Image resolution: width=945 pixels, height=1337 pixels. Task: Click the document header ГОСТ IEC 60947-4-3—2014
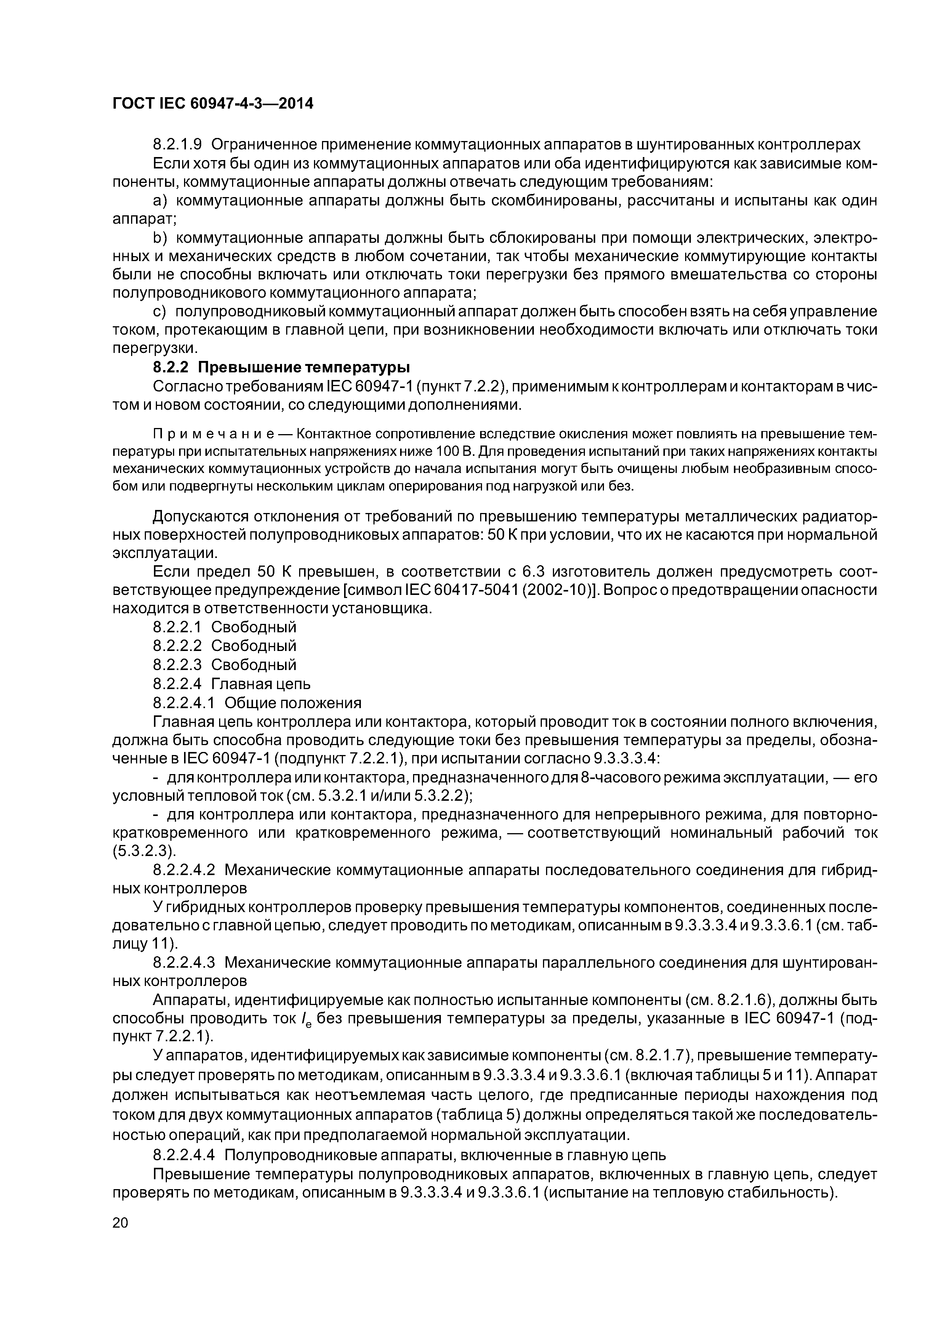pos(213,104)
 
